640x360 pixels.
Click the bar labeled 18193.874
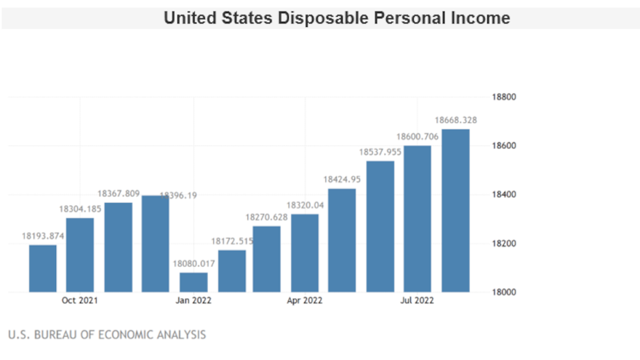pos(43,268)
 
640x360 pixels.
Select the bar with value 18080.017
pos(193,282)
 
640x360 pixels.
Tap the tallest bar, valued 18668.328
pos(455,211)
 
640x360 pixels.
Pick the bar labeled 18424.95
pos(342,240)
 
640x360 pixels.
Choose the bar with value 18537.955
pos(380,226)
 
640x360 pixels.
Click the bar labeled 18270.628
pos(267,259)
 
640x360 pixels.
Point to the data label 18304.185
pos(81,209)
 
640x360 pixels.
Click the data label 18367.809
pos(119,193)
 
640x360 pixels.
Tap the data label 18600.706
pos(417,136)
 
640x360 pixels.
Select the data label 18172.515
pos(231,241)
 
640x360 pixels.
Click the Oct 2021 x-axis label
pos(79,300)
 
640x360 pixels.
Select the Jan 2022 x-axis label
pos(193,300)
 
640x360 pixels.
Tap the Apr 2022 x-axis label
pos(304,300)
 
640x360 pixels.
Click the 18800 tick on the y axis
pos(503,97)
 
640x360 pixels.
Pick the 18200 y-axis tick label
pos(503,244)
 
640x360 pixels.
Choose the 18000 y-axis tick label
pos(503,292)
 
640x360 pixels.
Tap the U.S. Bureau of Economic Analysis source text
pos(107,335)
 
